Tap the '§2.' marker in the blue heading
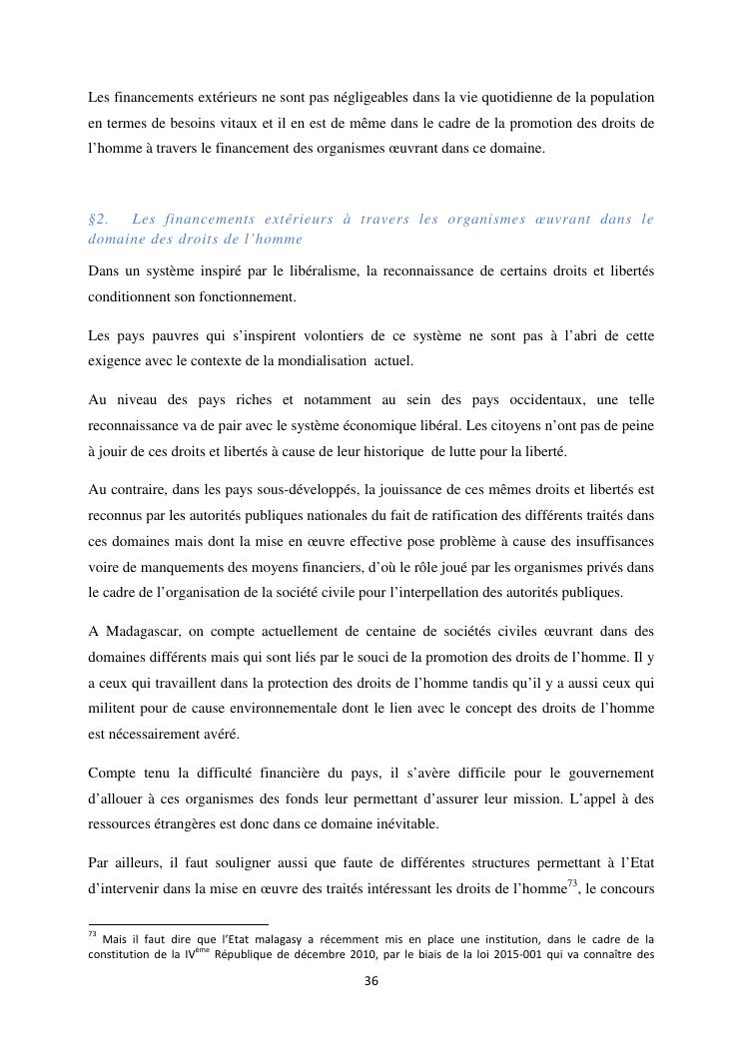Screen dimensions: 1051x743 [99, 219]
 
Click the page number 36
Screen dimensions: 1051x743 [371, 981]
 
